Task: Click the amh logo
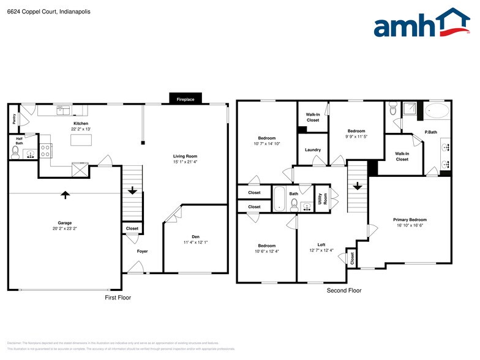(x=422, y=24)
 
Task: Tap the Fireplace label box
(x=185, y=99)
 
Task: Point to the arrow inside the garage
(x=65, y=195)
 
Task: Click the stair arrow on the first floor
(x=132, y=190)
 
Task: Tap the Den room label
(x=195, y=236)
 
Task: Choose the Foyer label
(x=142, y=251)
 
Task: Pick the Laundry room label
(x=313, y=150)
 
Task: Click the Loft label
(x=321, y=244)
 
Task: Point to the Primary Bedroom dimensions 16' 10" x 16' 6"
(x=410, y=225)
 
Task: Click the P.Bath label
(x=430, y=133)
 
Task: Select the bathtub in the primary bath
(x=436, y=111)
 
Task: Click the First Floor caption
(x=118, y=298)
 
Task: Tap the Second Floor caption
(x=343, y=291)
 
